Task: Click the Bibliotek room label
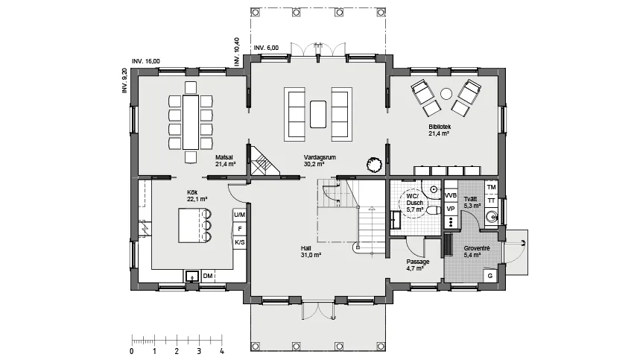[440, 127]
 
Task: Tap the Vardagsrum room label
[320, 157]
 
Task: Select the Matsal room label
[224, 157]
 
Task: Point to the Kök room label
[192, 192]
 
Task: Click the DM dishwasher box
[208, 276]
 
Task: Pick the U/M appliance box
[240, 215]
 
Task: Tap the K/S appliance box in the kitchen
[240, 242]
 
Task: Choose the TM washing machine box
[491, 187]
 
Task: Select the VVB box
[451, 195]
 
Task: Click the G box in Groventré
[490, 276]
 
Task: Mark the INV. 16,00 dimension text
[146, 61]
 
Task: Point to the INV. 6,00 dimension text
[267, 48]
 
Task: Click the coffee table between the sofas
[318, 114]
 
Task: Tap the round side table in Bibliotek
[446, 94]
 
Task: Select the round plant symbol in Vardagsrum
[374, 165]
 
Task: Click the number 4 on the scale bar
[222, 351]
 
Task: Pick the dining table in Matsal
[191, 122]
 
